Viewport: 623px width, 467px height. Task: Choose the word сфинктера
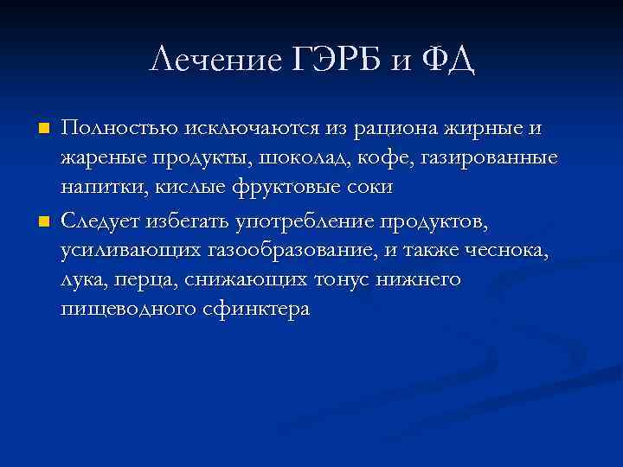253,310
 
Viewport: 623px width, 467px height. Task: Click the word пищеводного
125,310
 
